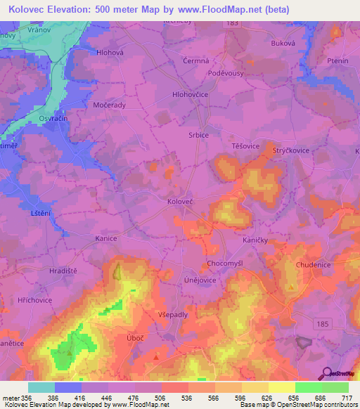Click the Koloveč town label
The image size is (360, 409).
click(x=200, y=201)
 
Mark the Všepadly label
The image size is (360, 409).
click(x=173, y=314)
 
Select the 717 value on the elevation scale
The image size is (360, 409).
click(x=346, y=398)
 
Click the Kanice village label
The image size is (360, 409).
click(x=105, y=238)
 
